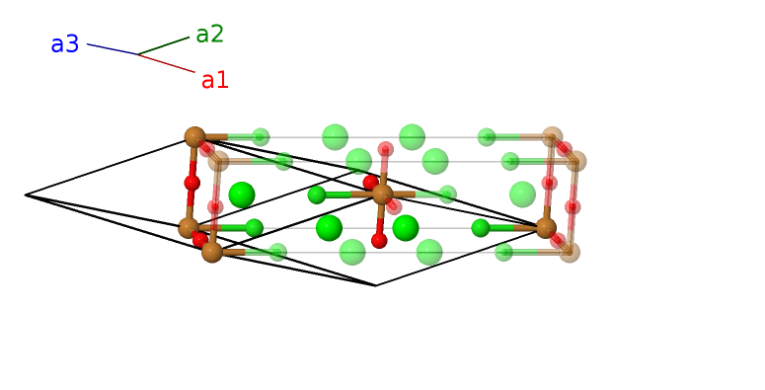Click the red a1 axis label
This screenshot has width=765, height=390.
point(214,81)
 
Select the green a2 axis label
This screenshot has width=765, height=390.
point(209,35)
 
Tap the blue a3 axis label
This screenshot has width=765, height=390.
point(65,44)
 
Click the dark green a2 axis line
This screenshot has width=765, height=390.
point(163,46)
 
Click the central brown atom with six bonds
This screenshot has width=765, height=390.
point(383,195)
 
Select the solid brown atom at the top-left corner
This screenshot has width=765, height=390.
point(194,137)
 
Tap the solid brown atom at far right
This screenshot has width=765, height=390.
point(546,228)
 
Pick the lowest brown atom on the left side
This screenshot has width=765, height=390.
point(212,252)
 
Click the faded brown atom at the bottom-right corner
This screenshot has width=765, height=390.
point(570,252)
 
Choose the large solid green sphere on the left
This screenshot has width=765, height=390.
point(242,195)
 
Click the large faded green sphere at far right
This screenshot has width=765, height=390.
point(522,195)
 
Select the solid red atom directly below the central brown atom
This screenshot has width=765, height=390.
point(379,241)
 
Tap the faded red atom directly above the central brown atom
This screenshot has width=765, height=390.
point(386,149)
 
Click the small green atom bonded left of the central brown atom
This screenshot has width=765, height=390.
point(317,195)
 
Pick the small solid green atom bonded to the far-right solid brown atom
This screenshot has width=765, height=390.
point(481,228)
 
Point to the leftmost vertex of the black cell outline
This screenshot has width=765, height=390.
point(26,195)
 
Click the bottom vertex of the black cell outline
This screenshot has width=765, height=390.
point(375,285)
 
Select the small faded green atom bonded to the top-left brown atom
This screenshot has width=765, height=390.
point(261,137)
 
